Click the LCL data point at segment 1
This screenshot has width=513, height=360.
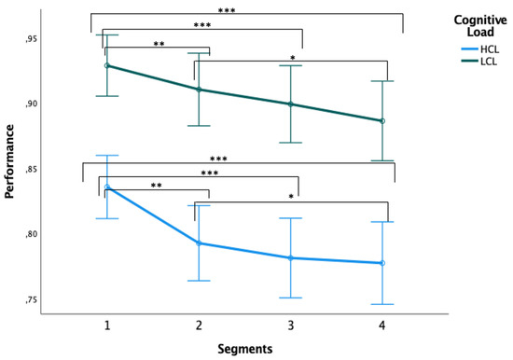click(x=108, y=65)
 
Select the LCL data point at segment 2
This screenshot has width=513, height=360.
click(x=200, y=90)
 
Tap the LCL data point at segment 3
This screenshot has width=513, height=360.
click(x=291, y=104)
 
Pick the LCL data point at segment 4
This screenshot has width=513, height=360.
click(x=382, y=121)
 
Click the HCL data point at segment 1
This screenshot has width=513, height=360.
click(x=108, y=187)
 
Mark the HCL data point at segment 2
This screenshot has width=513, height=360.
click(x=200, y=243)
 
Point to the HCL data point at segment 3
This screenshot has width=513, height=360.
click(x=291, y=257)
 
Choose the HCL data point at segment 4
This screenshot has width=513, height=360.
click(x=382, y=263)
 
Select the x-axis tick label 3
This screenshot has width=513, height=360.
click(x=291, y=325)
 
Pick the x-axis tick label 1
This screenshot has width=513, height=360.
click(x=108, y=325)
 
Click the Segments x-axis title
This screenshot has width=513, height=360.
click(x=245, y=349)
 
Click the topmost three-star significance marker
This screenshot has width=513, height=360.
click(x=245, y=8)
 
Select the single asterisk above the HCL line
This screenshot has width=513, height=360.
click(x=291, y=197)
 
